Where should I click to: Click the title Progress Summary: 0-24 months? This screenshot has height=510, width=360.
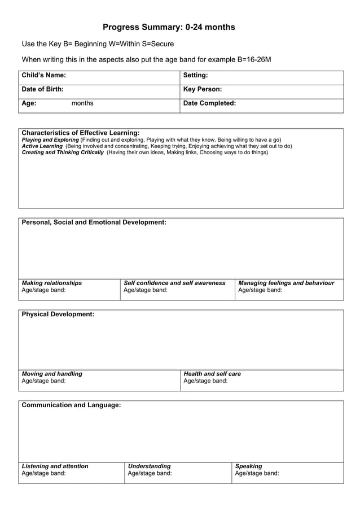tap(169, 27)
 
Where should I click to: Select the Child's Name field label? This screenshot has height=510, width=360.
tap(43, 75)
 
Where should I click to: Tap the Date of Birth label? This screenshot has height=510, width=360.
tap(42, 89)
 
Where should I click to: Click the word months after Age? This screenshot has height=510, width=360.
tap(82, 103)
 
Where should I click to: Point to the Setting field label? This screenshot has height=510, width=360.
tap(196, 75)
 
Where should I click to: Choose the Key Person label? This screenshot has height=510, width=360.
tap(203, 89)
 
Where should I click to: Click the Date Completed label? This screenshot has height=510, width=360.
tap(209, 103)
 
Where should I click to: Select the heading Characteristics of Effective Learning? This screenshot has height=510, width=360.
tap(80, 133)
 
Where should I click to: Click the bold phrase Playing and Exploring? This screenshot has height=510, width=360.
tap(50, 140)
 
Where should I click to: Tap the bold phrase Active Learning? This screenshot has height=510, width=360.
tap(42, 146)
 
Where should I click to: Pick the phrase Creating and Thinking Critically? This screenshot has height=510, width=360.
tap(63, 152)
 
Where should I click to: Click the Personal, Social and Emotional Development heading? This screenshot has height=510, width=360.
tap(94, 223)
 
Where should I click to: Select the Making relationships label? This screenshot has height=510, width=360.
tap(51, 283)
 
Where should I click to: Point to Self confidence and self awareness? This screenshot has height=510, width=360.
tap(174, 283)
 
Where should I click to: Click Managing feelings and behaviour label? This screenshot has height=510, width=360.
tap(286, 283)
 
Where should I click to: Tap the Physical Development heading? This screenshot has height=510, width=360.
tap(58, 314)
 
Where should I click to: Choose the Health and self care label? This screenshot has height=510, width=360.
tap(212, 374)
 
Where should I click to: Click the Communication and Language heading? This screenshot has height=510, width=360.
tap(71, 405)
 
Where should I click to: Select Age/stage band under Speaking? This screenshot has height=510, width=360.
tap(257, 474)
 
